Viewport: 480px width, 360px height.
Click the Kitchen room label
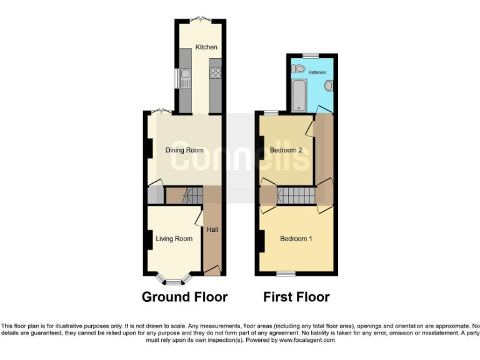(206, 47)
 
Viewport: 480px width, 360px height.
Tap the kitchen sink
(185, 79)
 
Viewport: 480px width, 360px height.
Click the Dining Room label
(184, 150)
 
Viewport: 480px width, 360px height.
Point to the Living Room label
(174, 239)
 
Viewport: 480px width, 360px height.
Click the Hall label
(212, 230)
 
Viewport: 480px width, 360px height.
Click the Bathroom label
(317, 73)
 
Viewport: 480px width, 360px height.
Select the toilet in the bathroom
(298, 68)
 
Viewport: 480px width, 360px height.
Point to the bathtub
(298, 94)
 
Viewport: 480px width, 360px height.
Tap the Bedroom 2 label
(286, 151)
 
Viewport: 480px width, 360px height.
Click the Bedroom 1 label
(296, 239)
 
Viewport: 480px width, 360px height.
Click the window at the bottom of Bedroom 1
(287, 274)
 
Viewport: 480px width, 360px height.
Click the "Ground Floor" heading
(184, 297)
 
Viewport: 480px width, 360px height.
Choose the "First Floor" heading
(296, 297)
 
